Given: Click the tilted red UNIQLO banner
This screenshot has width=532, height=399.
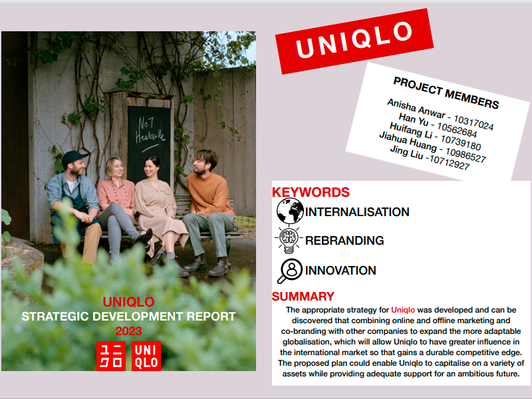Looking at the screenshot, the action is pyautogui.click(x=354, y=41).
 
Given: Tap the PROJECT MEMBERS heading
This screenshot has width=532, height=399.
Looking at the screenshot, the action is pyautogui.click(x=446, y=92).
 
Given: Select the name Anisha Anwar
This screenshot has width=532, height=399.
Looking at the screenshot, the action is pyautogui.click(x=416, y=108).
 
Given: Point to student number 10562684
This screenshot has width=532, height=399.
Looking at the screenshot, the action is pyautogui.click(x=457, y=130).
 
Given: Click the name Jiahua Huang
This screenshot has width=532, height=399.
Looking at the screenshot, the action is pyautogui.click(x=408, y=141).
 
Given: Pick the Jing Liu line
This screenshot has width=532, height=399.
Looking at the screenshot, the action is pyautogui.click(x=430, y=158).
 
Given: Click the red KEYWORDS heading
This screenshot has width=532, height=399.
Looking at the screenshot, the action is pyautogui.click(x=311, y=192).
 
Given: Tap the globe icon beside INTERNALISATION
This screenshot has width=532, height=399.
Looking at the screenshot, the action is pyautogui.click(x=290, y=211).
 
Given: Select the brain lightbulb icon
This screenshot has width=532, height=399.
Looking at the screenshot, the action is pyautogui.click(x=289, y=240).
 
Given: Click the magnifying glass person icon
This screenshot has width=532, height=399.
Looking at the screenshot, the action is pyautogui.click(x=290, y=271).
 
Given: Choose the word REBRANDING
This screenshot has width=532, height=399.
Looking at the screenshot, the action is pyautogui.click(x=344, y=241).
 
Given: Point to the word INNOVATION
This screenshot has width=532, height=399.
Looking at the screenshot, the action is pyautogui.click(x=340, y=271).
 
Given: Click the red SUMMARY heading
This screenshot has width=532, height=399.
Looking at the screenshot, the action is pyautogui.click(x=303, y=297).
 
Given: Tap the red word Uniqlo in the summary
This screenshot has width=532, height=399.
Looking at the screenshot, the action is pyautogui.click(x=403, y=310).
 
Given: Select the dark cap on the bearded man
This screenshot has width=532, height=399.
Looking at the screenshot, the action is pyautogui.click(x=74, y=158).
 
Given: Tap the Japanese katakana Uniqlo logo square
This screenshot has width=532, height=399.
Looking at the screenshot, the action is pyautogui.click(x=111, y=356).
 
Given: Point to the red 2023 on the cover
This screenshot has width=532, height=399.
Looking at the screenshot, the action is pyautogui.click(x=128, y=331).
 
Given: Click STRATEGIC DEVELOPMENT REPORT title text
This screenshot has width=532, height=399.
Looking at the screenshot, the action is pyautogui.click(x=128, y=317).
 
